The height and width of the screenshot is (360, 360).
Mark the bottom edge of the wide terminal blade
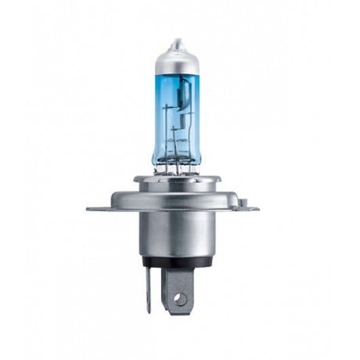(x=180, y=312)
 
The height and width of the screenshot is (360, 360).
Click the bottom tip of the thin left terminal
(x=148, y=310)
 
